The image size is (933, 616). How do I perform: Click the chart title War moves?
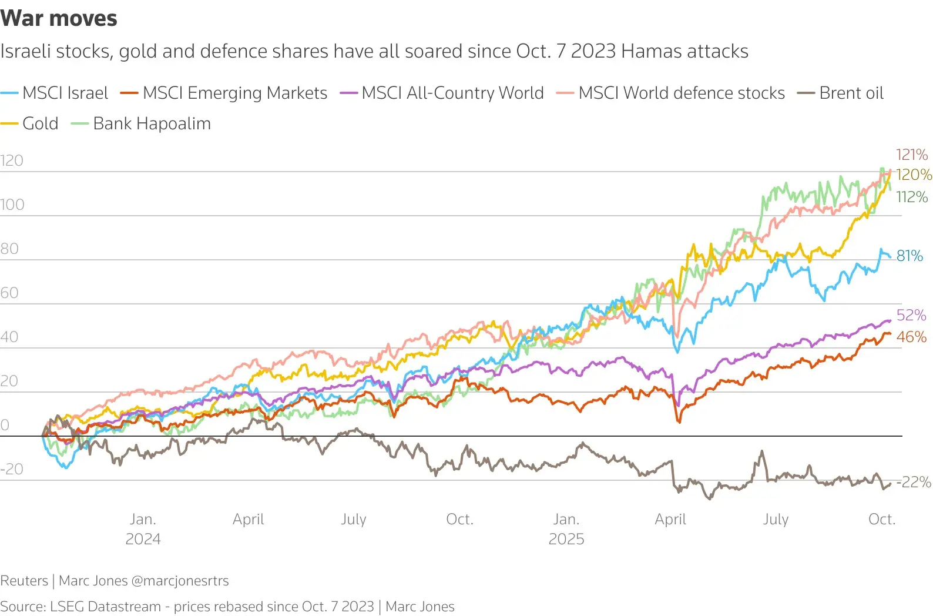tap(59, 18)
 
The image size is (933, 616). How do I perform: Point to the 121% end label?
tap(911, 155)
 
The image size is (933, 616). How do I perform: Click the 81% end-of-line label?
tap(909, 256)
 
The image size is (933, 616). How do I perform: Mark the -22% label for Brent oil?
tap(914, 482)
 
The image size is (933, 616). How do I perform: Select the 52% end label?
tap(911, 315)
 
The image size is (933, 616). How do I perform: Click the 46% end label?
tap(911, 337)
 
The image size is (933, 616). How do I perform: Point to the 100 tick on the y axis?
tap(12, 205)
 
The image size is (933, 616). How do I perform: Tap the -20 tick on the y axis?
tap(12, 469)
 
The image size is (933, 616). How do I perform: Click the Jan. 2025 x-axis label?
tap(566, 528)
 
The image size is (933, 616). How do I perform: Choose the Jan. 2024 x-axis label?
tap(143, 528)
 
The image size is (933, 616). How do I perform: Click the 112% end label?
tap(912, 197)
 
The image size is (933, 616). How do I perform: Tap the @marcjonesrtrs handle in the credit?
tap(180, 581)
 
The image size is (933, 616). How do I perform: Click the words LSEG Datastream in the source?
tap(105, 606)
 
